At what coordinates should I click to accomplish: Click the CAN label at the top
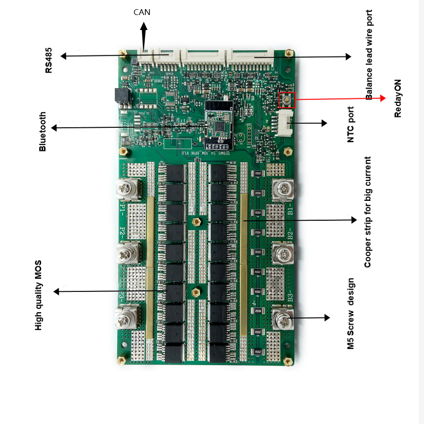click(x=142, y=12)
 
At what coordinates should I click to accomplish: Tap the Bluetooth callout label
click(x=43, y=132)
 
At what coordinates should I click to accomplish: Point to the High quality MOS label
click(x=39, y=295)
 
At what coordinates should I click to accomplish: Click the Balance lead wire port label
click(x=369, y=55)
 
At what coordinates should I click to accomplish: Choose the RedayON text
click(x=398, y=98)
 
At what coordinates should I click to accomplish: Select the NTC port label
click(x=351, y=124)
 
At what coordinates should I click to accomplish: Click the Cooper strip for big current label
click(x=368, y=212)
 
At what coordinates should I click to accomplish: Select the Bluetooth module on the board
click(x=219, y=124)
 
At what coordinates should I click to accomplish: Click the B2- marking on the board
click(x=290, y=236)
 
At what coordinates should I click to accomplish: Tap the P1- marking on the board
click(x=122, y=209)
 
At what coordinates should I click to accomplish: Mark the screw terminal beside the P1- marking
click(x=128, y=189)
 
